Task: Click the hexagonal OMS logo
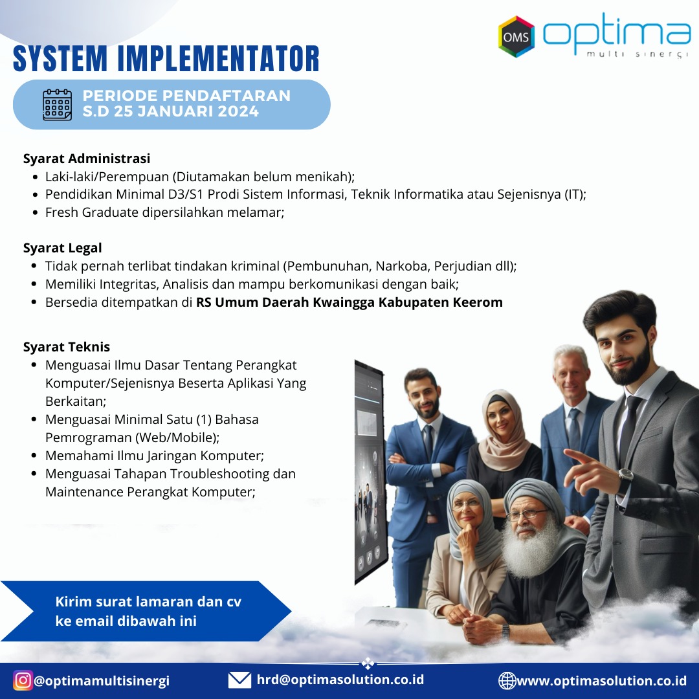[516, 36]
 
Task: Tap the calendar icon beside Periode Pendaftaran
[57, 105]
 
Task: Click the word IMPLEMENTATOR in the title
[219, 58]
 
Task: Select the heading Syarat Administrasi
[87, 159]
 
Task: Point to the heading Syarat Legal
[62, 248]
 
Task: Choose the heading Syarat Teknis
[67, 347]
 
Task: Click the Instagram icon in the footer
[22, 680]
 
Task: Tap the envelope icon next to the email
[240, 680]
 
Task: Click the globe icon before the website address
[507, 681]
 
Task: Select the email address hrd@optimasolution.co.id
[340, 680]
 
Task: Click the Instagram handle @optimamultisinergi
[102, 681]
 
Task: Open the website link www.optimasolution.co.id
[601, 681]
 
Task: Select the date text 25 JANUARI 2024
[186, 111]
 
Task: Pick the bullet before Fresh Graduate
[35, 213]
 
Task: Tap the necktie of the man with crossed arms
[428, 441]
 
